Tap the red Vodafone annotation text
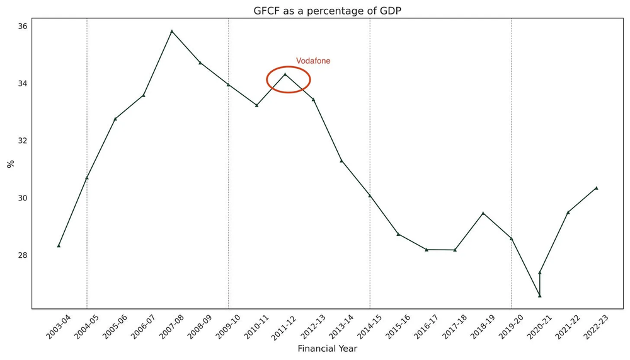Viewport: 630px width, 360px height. pos(313,61)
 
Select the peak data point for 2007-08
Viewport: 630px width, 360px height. pos(172,32)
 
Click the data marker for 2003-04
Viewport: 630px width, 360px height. pos(59,245)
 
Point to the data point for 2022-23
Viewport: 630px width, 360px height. pos(596,188)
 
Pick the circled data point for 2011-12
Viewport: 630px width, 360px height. pos(285,74)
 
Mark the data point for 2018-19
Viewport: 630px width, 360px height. pos(483,213)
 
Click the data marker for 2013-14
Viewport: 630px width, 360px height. pos(341,161)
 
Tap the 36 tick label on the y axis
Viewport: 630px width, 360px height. pos(22,26)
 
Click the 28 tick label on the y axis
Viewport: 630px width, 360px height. pos(22,255)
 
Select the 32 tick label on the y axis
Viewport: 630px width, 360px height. pos(22,141)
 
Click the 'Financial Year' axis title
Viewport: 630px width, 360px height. pos(327,348)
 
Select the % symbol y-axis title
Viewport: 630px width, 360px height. pos(10,164)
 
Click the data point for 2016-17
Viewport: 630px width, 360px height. pos(427,250)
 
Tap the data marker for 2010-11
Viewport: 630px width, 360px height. pos(256,105)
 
